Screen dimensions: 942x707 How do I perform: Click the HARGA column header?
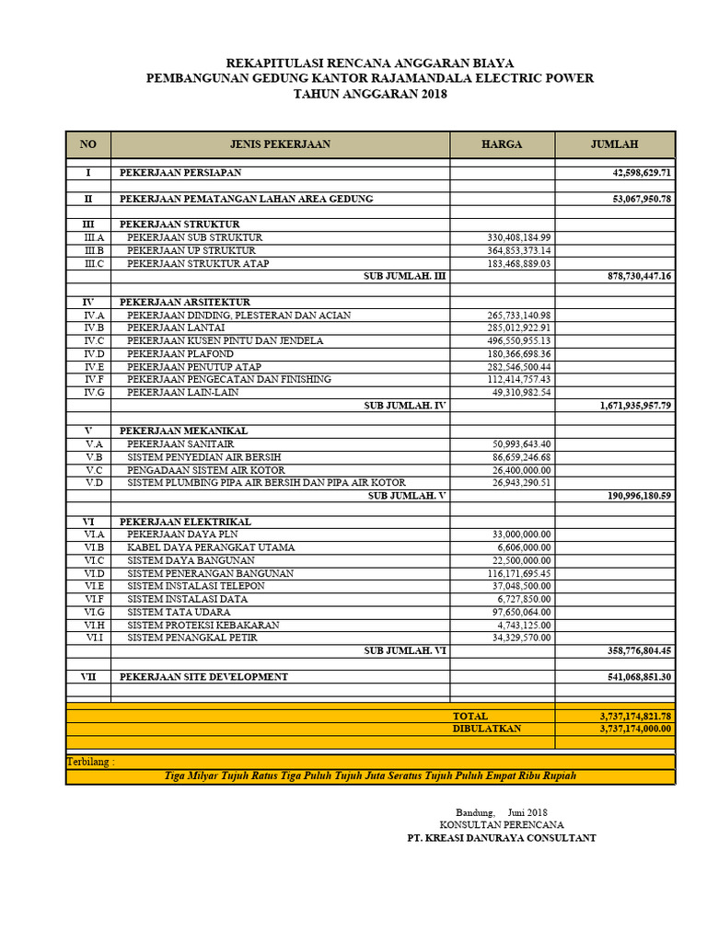[x=502, y=144]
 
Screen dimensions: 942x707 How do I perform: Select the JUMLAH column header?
[x=615, y=144]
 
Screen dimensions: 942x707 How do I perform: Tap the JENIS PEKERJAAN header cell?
[x=280, y=144]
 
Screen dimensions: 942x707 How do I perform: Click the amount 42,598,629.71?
[x=630, y=173]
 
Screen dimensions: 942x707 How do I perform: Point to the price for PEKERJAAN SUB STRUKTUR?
[x=519, y=237]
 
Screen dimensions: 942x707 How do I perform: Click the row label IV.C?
[x=94, y=340]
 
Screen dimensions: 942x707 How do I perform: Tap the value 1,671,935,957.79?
[x=623, y=405]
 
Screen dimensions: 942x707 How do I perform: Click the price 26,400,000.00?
[x=522, y=469]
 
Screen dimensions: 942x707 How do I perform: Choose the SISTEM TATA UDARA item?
[x=179, y=612]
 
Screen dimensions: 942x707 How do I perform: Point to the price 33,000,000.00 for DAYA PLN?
[x=522, y=534]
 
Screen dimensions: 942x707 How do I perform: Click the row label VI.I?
[x=94, y=638]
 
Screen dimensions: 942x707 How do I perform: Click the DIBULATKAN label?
[x=487, y=729]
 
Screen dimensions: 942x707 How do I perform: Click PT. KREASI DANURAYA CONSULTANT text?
[x=502, y=838]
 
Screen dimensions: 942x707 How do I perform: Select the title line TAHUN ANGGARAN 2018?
[x=369, y=94]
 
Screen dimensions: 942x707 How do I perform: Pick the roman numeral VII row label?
[x=88, y=677]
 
